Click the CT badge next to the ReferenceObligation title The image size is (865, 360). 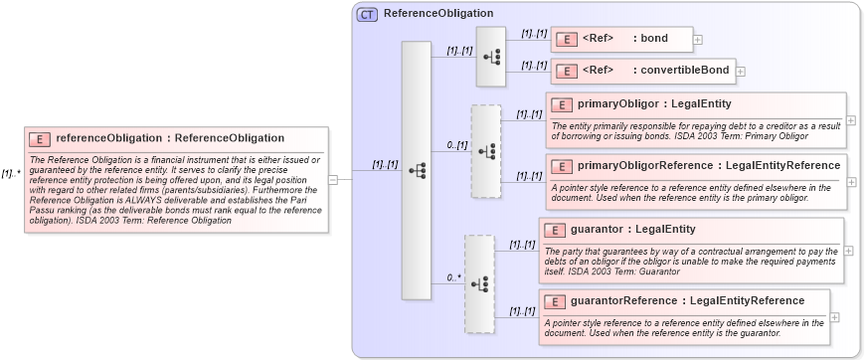coord(368,14)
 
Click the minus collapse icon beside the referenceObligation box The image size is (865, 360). coord(333,180)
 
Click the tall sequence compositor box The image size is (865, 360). coord(416,170)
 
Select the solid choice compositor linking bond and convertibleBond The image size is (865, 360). coord(491,56)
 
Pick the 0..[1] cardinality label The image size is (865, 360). coord(456,145)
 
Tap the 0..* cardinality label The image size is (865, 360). coord(454,278)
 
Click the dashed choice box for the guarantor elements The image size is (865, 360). coord(479,283)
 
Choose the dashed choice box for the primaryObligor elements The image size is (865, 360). coord(485,150)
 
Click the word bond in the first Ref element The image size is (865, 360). coord(654,40)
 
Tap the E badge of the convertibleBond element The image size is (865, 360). coord(566,71)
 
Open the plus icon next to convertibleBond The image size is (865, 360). coord(740,72)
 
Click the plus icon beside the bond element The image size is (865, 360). coord(698,40)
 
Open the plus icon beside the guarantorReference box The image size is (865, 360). coord(834,316)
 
